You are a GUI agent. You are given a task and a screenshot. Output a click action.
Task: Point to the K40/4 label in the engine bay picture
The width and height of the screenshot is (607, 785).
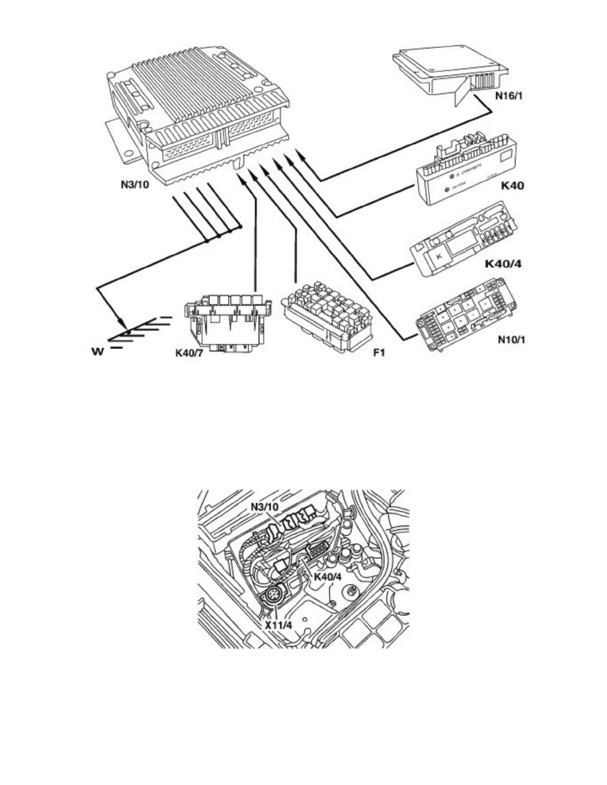tap(329, 576)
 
